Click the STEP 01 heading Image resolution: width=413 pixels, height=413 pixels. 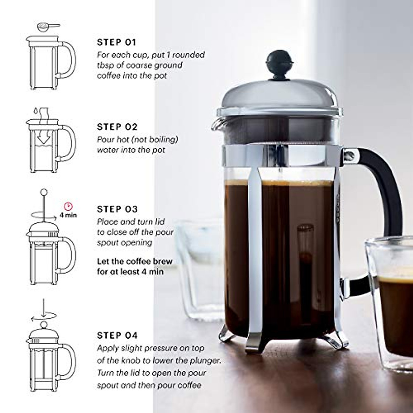pos(117,42)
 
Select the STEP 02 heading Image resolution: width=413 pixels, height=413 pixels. pos(117,127)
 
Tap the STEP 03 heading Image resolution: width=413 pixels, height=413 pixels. pos(117,209)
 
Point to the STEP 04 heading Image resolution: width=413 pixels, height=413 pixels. pos(117,335)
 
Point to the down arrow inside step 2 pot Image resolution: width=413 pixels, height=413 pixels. pos(43,139)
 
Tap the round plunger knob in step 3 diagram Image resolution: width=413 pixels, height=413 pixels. pos(44,192)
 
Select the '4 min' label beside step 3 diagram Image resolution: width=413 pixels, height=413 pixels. pos(68,215)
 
